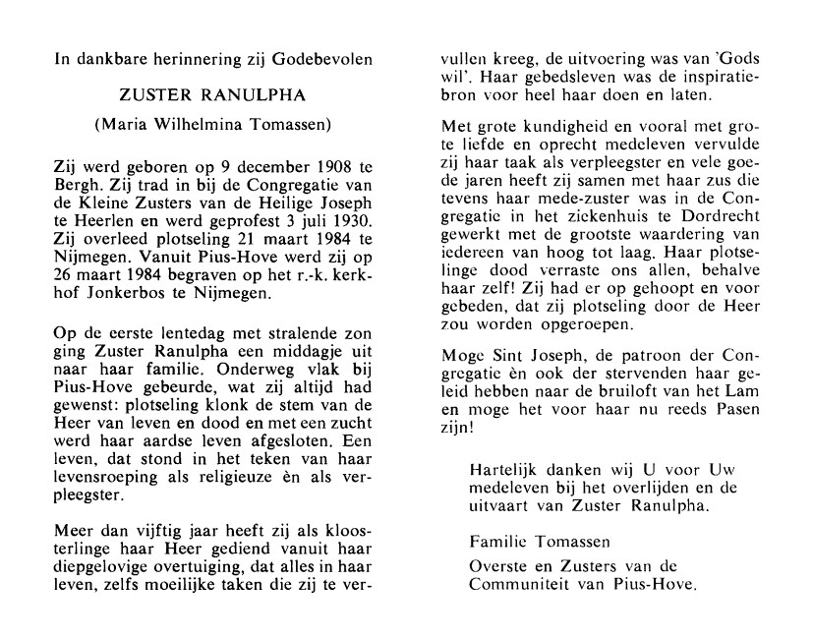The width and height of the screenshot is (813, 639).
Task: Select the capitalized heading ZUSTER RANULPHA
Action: tap(212, 96)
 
